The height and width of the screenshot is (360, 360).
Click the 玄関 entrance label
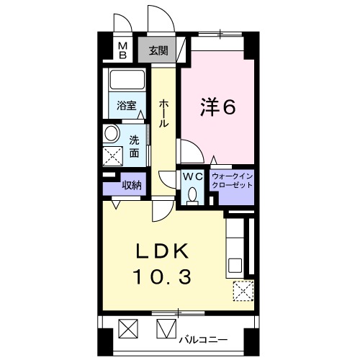click(158, 50)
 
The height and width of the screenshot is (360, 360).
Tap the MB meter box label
click(123, 50)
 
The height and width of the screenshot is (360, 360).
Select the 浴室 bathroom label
click(127, 106)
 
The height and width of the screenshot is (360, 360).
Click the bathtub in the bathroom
click(127, 80)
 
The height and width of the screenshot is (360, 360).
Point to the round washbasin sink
click(112, 133)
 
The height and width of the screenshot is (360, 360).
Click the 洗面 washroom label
click(134, 146)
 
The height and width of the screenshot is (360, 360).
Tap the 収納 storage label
click(132, 185)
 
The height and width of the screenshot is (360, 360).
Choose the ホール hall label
click(163, 114)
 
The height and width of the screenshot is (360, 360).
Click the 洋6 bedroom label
click(218, 107)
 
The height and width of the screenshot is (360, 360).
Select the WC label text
click(193, 177)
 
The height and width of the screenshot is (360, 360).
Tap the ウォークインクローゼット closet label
click(233, 181)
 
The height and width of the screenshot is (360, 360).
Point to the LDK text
click(162, 251)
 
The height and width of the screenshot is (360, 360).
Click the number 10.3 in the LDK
click(163, 276)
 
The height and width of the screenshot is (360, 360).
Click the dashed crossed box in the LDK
click(243, 291)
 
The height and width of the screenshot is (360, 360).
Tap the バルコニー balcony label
click(203, 340)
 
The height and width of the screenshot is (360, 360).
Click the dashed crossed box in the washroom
click(113, 156)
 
